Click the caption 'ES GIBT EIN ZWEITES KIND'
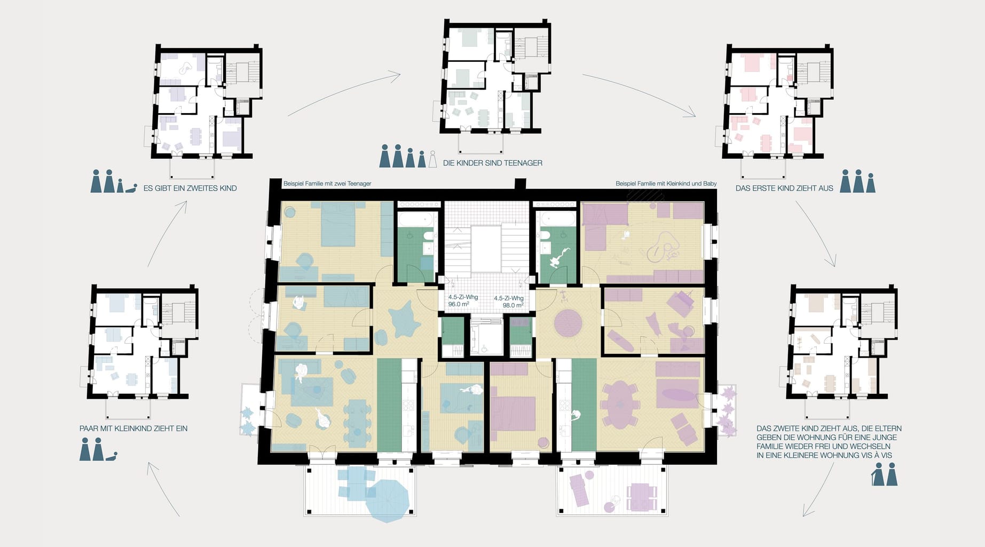(190, 188)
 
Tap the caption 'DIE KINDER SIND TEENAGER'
(492, 163)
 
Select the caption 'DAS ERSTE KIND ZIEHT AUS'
(784, 188)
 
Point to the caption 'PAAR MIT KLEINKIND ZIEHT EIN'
(133, 428)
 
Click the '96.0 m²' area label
(458, 304)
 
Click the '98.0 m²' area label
(513, 305)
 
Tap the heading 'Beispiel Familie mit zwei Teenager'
(327, 184)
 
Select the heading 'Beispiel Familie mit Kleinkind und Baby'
(666, 184)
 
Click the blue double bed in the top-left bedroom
(338, 224)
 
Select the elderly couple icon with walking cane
(885, 474)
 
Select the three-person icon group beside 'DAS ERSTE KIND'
(858, 181)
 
